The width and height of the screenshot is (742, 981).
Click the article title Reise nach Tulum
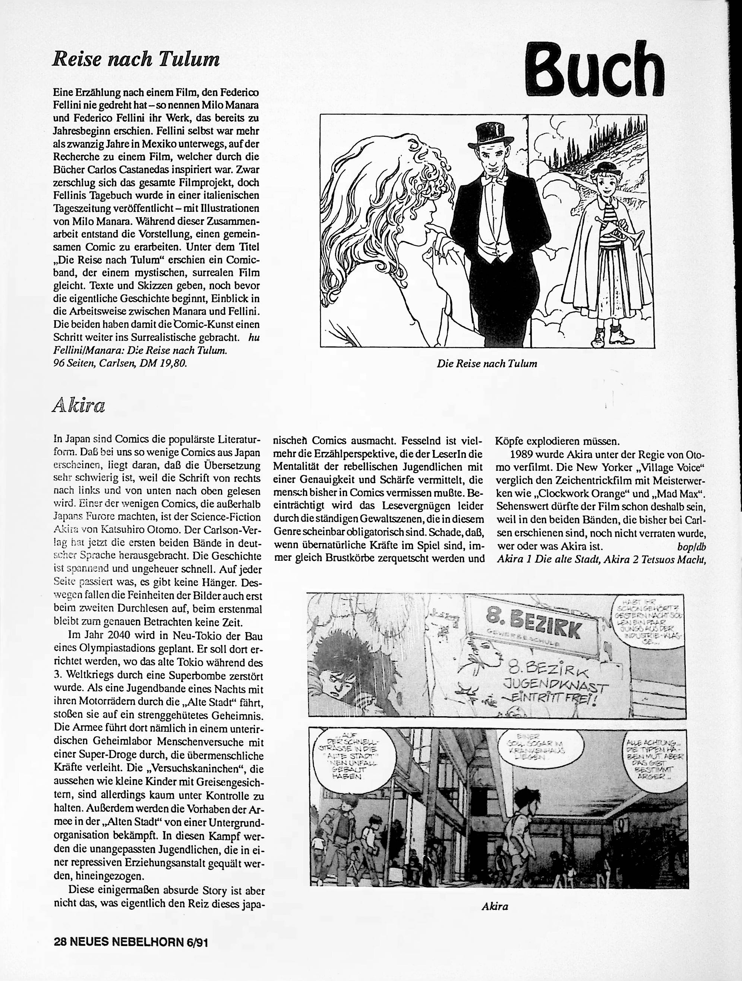pyautogui.click(x=136, y=59)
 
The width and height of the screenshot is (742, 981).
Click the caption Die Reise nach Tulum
pyautogui.click(x=487, y=364)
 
